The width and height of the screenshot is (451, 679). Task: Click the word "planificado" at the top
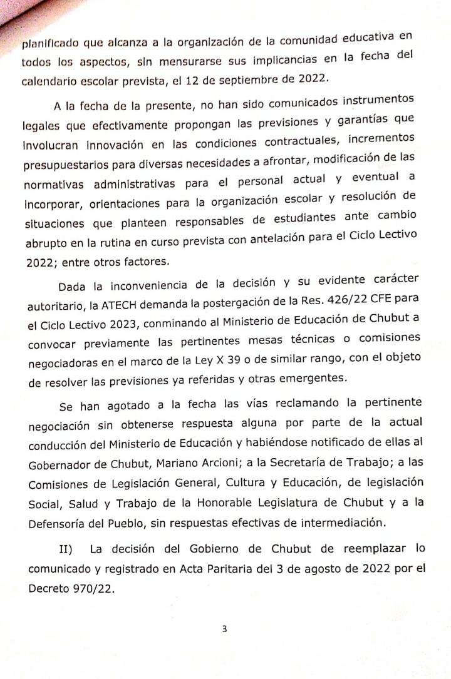tap(48, 44)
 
